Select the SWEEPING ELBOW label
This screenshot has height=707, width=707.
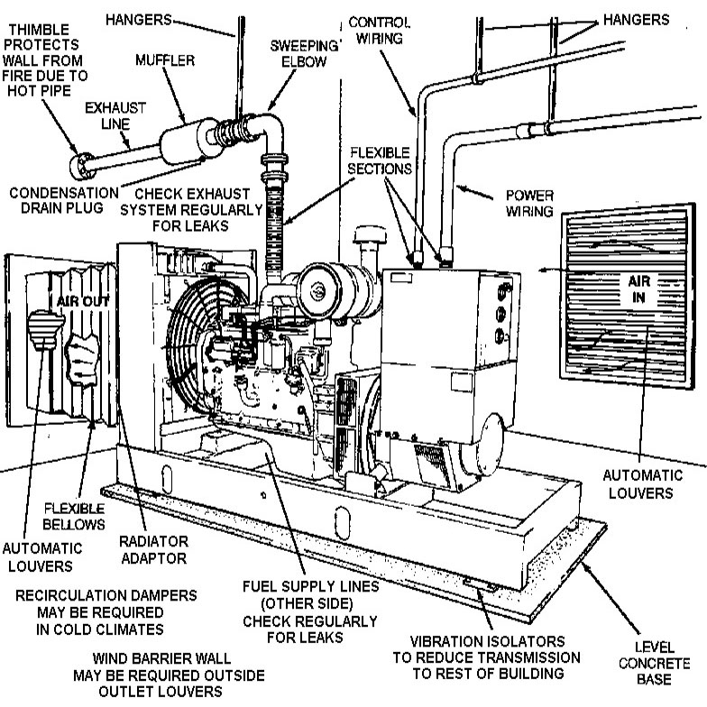(x=298, y=55)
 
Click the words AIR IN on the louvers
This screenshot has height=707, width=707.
(x=638, y=288)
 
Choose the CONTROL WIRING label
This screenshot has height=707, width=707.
(x=378, y=29)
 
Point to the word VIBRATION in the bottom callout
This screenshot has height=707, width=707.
(x=431, y=641)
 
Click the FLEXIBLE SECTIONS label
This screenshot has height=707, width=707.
(x=380, y=161)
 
